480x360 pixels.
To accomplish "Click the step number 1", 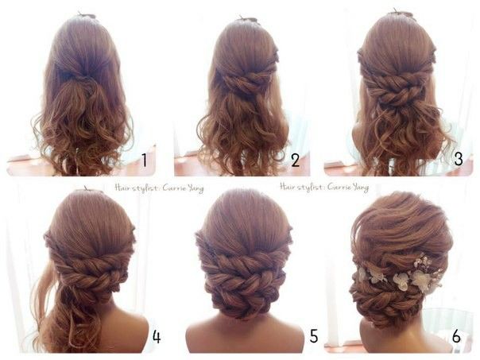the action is (144, 160).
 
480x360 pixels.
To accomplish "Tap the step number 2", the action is (295, 160).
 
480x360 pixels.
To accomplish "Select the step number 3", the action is (459, 159).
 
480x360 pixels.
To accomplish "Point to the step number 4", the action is (157, 337).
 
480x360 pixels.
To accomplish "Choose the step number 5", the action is (314, 336).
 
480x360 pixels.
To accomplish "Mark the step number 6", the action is (456, 336).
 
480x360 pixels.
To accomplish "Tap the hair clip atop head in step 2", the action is (247, 19).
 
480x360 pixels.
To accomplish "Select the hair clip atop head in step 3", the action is (396, 14).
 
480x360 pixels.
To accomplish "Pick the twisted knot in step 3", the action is (398, 89).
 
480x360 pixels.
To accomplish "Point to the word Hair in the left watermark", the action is (122, 187).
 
